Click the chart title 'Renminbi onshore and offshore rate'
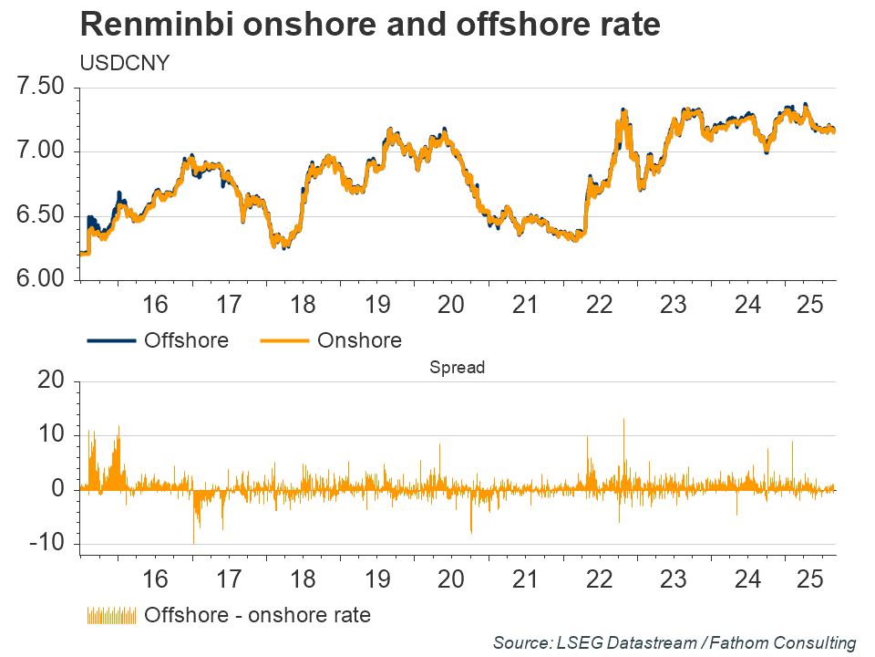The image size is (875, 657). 369,26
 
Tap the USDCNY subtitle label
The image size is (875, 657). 118,65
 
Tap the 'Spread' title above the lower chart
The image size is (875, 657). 457,368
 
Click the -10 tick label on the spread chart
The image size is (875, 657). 46,544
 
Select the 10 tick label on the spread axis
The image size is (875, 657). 51,435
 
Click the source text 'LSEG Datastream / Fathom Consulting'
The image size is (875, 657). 674,643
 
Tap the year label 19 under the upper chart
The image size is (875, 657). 377,304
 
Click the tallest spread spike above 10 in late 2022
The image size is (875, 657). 623,421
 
